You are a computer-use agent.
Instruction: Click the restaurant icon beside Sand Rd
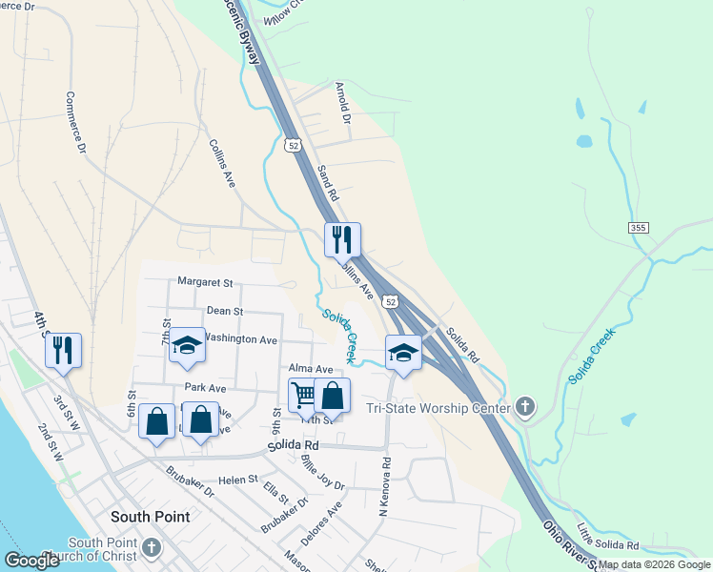342,238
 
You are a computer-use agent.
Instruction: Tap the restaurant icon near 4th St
63,349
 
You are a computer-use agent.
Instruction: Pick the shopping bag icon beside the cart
332,395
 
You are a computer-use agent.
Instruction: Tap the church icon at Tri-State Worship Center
524,408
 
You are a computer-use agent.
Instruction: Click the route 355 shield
639,228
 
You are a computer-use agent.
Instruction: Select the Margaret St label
205,282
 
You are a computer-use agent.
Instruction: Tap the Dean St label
225,312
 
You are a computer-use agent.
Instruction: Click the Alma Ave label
311,369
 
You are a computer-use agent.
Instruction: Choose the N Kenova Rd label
385,486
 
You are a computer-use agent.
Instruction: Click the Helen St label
239,480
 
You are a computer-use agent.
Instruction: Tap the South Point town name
150,517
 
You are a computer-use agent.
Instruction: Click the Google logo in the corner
31,561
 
